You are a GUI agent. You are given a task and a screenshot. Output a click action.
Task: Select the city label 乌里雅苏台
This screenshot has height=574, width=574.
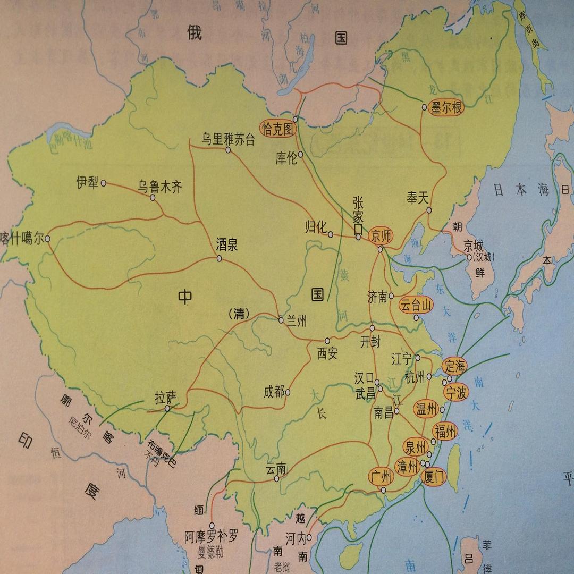(228, 139)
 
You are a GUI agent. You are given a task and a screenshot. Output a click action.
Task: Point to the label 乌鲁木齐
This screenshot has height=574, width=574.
(160, 187)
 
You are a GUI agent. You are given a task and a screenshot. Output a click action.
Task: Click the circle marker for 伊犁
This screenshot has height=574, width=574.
(104, 183)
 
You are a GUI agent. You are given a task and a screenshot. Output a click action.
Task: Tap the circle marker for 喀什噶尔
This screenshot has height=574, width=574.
(48, 239)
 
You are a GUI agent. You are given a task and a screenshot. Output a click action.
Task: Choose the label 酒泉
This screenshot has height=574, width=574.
(226, 245)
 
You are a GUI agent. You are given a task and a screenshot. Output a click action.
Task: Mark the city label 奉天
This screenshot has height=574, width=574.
(417, 198)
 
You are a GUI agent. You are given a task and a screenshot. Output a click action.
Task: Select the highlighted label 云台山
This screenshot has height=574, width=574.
(416, 305)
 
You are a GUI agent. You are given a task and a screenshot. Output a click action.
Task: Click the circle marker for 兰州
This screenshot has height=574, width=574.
(281, 319)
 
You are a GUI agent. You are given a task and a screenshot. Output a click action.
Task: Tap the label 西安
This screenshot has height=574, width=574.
(327, 353)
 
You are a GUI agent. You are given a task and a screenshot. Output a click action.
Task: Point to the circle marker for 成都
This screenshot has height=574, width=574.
(288, 393)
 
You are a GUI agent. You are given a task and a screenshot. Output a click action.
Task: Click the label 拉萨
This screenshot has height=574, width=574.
(165, 397)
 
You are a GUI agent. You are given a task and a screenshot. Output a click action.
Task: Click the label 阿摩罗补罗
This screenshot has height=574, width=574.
(211, 536)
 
